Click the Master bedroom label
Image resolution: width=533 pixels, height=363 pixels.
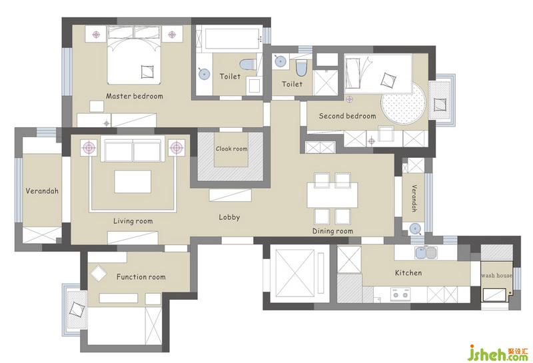coord(135,96)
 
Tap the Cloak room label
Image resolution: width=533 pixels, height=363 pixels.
coord(231,149)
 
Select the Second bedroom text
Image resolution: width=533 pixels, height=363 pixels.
coord(347,116)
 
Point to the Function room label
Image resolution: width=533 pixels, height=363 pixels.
coord(141,277)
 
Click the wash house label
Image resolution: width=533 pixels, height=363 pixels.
coord(496,275)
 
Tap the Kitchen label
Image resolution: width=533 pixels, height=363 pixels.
coord(408,273)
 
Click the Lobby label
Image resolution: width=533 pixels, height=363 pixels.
coord(229,217)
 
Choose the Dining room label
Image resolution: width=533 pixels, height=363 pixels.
coord(332,232)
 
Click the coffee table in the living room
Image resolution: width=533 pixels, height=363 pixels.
coord(133,182)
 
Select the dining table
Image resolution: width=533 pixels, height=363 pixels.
coord(332,194)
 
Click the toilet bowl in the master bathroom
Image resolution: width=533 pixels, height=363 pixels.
coord(248,64)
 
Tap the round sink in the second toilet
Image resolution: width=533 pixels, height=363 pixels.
coord(280,61)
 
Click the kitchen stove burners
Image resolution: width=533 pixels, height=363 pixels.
coord(400,294)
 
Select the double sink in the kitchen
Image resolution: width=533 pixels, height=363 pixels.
coord(426,252)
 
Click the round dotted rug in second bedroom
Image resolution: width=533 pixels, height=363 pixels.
coord(403,103)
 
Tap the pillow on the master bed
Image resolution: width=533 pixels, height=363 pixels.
coord(147,72)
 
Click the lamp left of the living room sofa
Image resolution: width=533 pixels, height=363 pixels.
coord(89,148)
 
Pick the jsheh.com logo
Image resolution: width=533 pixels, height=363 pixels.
coord(497,354)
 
